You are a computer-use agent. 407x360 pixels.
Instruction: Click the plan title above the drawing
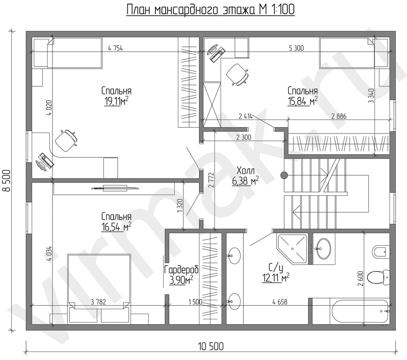coord(210,10)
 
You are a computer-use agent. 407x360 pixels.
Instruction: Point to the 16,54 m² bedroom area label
coord(116,222)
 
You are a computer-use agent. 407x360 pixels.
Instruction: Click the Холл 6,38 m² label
coord(245,176)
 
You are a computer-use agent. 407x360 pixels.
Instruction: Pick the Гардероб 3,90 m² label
coord(182,275)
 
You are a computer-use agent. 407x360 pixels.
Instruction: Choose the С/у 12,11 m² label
coord(276,273)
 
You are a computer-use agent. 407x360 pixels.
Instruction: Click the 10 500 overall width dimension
coord(211,347)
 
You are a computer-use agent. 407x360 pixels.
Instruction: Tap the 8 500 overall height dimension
coord(7,181)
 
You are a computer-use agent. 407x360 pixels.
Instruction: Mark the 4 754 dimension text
coord(115,48)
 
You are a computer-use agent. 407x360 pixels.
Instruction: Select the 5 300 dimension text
coord(296,48)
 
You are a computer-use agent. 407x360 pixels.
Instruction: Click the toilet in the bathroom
coord(379,277)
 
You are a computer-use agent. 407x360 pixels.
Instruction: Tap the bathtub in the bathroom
coord(359,311)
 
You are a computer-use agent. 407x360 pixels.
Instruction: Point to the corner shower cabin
coord(292,249)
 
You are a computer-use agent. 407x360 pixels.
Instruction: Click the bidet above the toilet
coord(381,251)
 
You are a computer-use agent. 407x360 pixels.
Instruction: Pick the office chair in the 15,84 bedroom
coord(237,74)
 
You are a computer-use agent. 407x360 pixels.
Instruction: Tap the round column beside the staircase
coord(284,176)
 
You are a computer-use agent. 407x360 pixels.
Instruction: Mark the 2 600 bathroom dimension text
coord(360,278)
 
